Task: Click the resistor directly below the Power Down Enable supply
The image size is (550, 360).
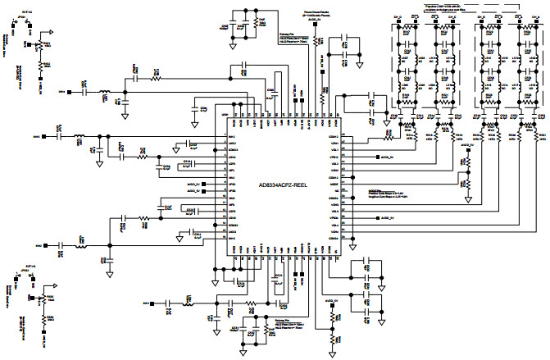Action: point(320,39)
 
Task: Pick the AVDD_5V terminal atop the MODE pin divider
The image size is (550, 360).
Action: point(465,150)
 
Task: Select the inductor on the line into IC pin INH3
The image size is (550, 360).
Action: point(82,245)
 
